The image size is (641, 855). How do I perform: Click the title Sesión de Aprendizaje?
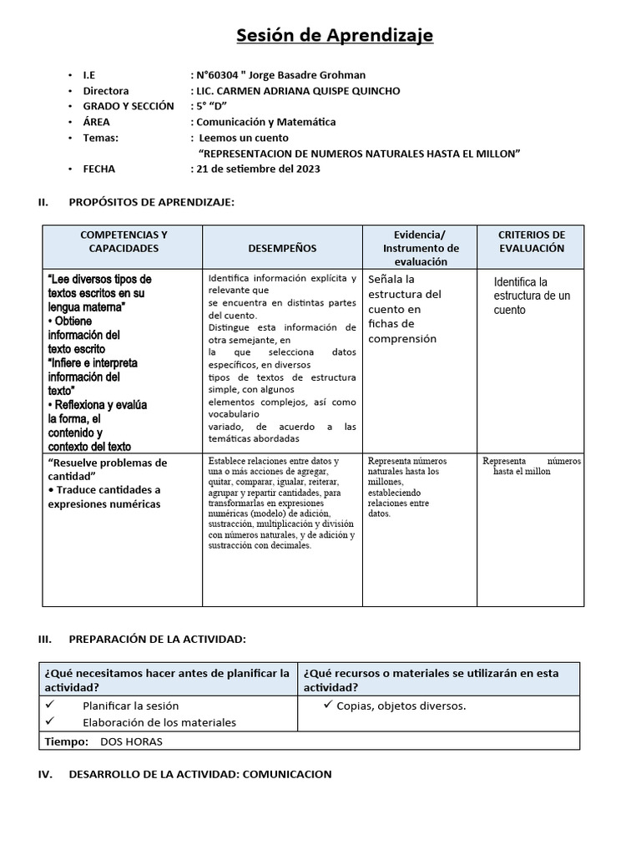click(x=335, y=35)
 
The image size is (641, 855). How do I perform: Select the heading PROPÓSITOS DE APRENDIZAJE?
click(x=151, y=202)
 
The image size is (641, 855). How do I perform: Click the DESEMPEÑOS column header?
click(x=282, y=248)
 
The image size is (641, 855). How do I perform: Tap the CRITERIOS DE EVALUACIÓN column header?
click(x=532, y=241)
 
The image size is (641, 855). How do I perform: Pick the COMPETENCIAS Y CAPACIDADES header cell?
click(x=124, y=241)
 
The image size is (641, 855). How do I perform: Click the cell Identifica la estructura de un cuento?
click(x=532, y=296)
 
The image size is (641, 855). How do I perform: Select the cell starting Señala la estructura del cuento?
click(x=405, y=309)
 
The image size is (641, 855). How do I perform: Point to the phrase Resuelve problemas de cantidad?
click(x=108, y=468)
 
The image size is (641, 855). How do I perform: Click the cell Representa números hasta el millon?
click(x=532, y=466)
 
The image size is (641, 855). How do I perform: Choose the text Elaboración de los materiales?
click(x=159, y=722)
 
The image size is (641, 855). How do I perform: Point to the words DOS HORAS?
click(x=132, y=741)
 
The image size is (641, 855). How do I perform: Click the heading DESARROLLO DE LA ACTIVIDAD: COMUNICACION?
click(x=200, y=774)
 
